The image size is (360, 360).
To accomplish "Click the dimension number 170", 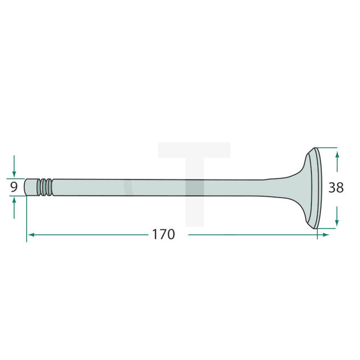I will pos(163,234).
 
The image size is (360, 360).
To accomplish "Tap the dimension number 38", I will pos(336,188).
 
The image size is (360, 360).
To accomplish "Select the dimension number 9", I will pos(13,187).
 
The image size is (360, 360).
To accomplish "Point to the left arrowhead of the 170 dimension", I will pos(31,235).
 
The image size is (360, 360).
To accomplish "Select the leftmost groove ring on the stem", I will pos(41,187).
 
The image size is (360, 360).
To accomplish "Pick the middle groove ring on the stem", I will pos(46,187).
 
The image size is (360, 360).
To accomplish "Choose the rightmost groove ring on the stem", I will pos(51,187).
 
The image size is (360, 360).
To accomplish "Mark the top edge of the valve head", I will pos(316,148).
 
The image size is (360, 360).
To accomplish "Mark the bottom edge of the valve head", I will pos(316,228).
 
